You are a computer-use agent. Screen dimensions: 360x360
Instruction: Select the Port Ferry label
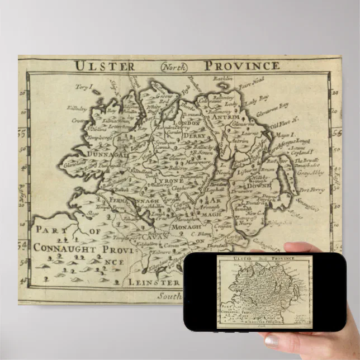[x=314, y=190]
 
